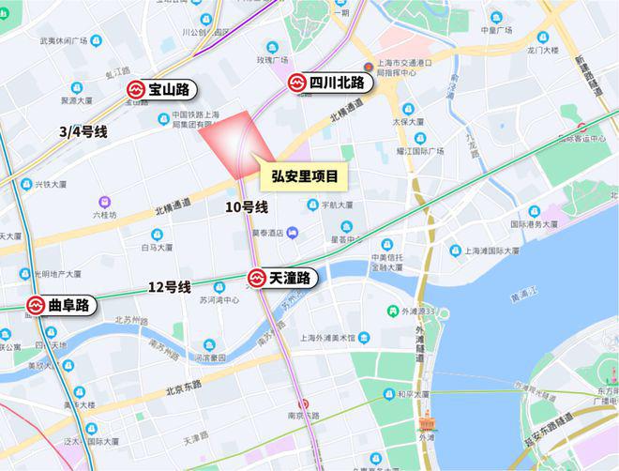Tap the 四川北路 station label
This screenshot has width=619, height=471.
[340, 84]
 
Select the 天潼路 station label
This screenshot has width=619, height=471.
[291, 279]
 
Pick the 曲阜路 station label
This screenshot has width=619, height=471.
[69, 305]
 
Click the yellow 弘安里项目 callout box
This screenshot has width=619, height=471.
[304, 175]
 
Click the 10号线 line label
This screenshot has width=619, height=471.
[247, 206]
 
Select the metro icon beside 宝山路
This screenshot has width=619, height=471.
[136, 89]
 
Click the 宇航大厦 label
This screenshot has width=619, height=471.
[336, 204]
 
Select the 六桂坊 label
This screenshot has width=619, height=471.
[104, 214]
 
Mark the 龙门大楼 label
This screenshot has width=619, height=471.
[543, 50]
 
